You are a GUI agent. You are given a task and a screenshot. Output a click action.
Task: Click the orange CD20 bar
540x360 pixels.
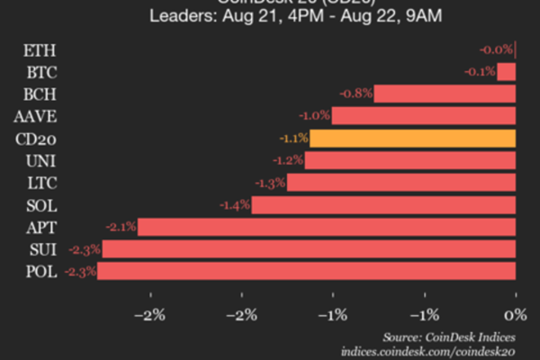(412, 139)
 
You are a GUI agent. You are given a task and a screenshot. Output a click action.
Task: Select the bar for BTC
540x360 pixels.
(506, 71)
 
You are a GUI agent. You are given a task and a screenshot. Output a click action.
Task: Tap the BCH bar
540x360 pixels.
(445, 94)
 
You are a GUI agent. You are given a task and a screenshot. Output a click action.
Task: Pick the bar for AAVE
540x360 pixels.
(423, 116)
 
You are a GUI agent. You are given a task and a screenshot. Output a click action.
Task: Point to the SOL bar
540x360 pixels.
(383, 205)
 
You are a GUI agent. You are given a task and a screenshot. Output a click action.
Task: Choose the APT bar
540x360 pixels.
(326, 227)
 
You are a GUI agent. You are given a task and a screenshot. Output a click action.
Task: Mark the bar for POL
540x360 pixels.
(306, 271)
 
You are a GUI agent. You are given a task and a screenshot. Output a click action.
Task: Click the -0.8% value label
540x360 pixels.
(355, 94)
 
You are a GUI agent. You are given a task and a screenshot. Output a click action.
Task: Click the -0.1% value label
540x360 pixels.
(479, 71)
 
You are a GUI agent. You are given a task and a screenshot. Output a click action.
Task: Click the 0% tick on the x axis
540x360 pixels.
(515, 315)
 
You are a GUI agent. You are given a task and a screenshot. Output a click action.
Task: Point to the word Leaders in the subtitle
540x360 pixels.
(181, 16)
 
